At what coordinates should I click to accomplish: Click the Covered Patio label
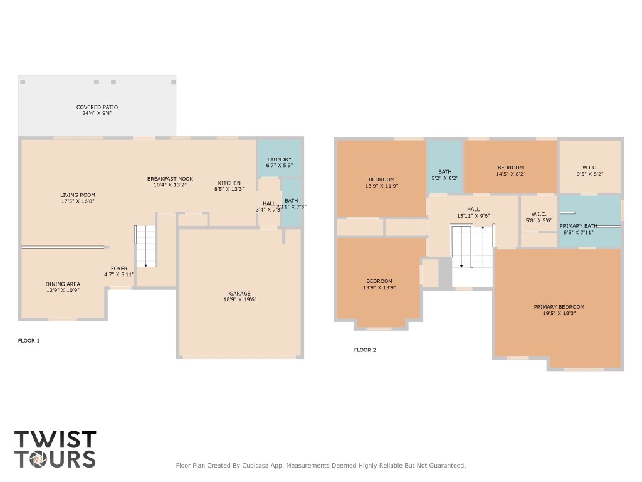[x=97, y=107]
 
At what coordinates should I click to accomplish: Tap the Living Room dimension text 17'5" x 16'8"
[x=78, y=201]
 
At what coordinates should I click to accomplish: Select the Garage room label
[x=239, y=293]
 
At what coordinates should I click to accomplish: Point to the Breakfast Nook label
[x=170, y=179]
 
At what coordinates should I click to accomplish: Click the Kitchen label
[x=229, y=183]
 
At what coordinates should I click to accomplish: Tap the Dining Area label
[x=62, y=284]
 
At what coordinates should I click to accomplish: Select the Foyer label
[x=119, y=269]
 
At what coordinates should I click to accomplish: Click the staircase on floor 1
[x=145, y=246]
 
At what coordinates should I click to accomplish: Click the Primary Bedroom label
[x=559, y=307]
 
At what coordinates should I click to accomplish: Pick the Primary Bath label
[x=579, y=225]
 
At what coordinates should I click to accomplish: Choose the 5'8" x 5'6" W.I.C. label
[x=538, y=214]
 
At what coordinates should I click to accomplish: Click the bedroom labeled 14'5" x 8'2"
[x=510, y=168]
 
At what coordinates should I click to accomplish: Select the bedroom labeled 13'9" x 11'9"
[x=381, y=179]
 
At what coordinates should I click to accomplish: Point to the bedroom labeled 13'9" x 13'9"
[x=379, y=281]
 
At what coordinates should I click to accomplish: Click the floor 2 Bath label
[x=445, y=171]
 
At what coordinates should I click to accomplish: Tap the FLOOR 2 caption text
[x=365, y=350]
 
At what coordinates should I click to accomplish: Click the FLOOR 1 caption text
[x=29, y=341]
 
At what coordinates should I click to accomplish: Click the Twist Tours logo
[x=55, y=449]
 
